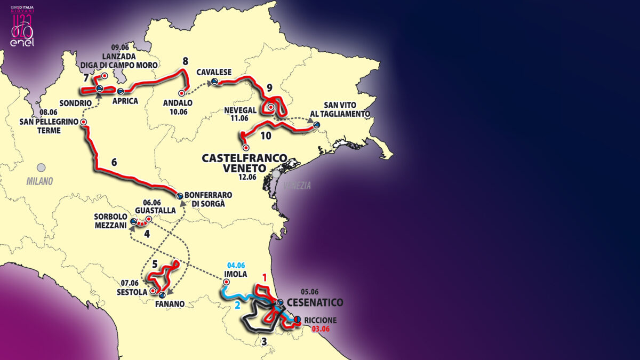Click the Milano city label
point(40,181)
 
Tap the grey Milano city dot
point(41,167)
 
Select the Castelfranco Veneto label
point(244,164)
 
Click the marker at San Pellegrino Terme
point(84,122)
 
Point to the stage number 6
point(114,162)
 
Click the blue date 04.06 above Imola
point(236,265)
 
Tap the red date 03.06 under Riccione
point(313,329)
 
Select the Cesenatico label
point(315,302)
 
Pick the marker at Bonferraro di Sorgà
point(180,196)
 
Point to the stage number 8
point(185,61)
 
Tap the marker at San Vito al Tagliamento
point(317,125)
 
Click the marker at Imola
point(226,282)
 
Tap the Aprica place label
point(125,101)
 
